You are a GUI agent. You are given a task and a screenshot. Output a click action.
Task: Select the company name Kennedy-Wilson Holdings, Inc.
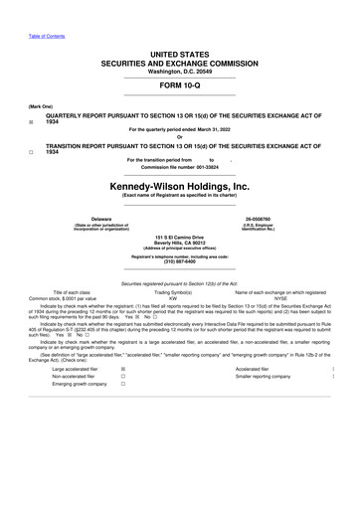tap(179, 186)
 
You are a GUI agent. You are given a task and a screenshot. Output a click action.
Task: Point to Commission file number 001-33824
tap(179, 166)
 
